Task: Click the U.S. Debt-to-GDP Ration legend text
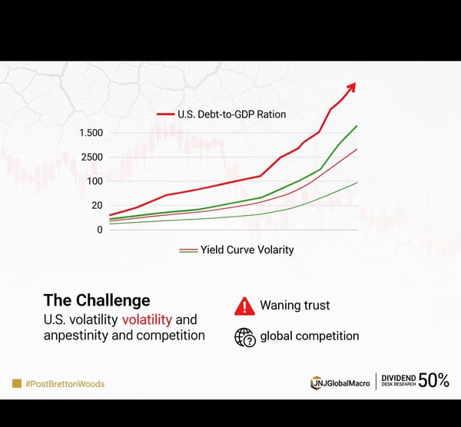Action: click(231, 114)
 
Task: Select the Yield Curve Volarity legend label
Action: click(247, 250)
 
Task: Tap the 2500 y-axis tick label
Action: click(91, 157)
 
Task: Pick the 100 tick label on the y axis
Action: click(94, 181)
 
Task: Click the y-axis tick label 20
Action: click(97, 205)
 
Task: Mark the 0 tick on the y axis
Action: click(99, 230)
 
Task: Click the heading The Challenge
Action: click(97, 300)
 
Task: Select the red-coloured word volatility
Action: click(152, 319)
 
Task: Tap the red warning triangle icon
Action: click(244, 306)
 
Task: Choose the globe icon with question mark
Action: click(244, 336)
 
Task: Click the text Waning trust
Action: click(295, 305)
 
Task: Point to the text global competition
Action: click(310, 336)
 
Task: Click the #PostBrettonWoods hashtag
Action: click(65, 383)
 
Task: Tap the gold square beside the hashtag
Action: click(16, 383)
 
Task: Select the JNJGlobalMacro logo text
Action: click(345, 382)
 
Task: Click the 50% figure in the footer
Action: click(433, 381)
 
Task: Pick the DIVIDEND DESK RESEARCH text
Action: click(398, 381)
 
